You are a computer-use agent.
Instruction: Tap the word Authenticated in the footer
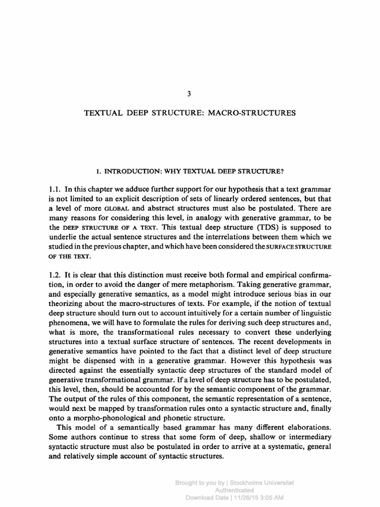click(x=235, y=490)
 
